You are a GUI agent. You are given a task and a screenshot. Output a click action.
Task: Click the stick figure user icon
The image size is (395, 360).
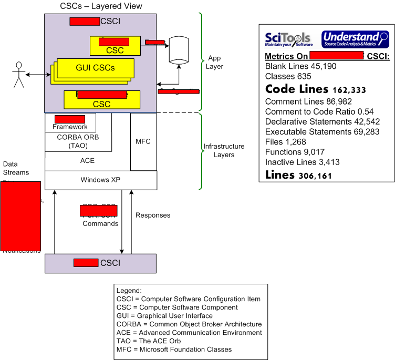(19, 74)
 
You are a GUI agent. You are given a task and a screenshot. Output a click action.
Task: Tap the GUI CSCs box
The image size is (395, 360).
(95, 68)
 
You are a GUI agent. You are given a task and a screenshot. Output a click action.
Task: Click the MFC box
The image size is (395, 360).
(143, 141)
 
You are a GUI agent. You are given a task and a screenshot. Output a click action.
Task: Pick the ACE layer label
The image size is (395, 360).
(87, 160)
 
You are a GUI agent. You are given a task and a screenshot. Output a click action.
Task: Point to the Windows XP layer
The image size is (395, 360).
(100, 180)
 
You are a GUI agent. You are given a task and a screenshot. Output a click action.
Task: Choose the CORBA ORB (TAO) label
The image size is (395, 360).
(78, 141)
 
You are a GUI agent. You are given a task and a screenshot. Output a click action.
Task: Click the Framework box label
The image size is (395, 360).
(70, 127)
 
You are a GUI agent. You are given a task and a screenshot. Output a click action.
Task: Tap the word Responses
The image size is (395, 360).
(153, 215)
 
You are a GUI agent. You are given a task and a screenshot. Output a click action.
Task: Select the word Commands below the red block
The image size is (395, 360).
(100, 223)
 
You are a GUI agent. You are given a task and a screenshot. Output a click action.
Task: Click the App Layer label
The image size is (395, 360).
(215, 63)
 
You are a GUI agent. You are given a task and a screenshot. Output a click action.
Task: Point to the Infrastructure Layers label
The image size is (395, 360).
(224, 150)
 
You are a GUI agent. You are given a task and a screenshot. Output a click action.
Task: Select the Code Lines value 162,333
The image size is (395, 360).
(349, 90)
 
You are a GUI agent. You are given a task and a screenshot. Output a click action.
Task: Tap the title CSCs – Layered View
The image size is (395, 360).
(101, 6)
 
